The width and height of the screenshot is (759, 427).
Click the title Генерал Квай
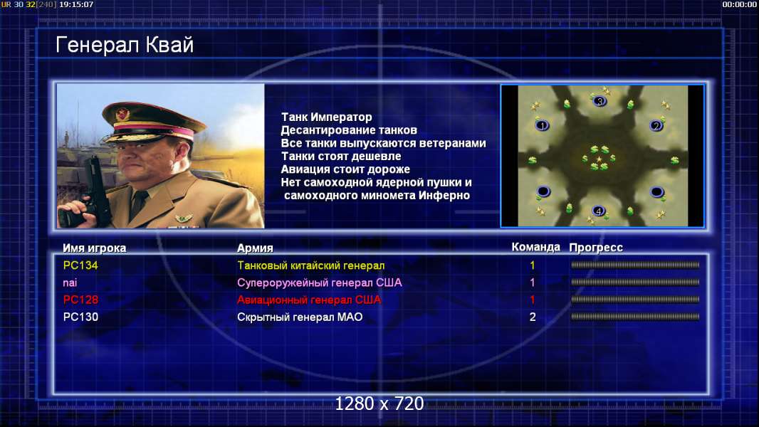point(125,45)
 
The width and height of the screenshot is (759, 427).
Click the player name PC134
point(80,265)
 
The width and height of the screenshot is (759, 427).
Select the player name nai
point(70,283)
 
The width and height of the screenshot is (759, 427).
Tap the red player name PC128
point(80,300)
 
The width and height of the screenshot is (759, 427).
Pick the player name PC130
point(80,317)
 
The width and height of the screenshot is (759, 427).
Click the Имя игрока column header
point(95,248)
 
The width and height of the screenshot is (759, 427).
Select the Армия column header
point(255,248)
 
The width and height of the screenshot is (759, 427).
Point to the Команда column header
point(536,247)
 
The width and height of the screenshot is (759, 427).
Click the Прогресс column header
point(596,248)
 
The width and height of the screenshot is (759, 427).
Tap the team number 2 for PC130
point(533,317)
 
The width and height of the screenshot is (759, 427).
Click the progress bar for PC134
point(635,265)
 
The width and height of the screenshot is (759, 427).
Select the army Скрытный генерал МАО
point(300,317)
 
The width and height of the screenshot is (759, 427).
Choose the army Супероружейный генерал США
point(320,283)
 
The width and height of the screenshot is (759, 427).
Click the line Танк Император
point(327,117)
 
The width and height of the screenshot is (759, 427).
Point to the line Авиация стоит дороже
point(345,169)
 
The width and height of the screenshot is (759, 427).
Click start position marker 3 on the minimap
point(600,102)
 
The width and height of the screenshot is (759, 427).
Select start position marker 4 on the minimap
point(599,211)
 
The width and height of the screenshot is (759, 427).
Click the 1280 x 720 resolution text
point(379,404)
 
